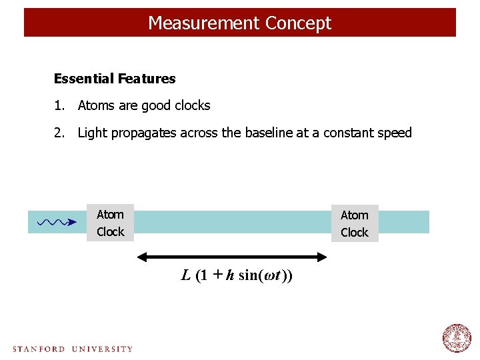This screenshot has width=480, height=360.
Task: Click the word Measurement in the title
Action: [203, 23]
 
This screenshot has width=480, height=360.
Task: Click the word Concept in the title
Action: [297, 23]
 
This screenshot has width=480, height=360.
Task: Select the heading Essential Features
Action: [115, 79]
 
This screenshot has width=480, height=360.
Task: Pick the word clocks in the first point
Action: [192, 105]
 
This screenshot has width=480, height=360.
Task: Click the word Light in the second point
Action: [92, 133]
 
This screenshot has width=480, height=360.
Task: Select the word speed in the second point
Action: [395, 133]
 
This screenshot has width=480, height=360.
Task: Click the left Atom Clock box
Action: [110, 223]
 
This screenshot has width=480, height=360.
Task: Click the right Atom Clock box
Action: [354, 223]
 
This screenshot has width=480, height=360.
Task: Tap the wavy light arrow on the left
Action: [57, 222]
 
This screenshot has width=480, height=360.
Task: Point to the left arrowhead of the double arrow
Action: [141, 257]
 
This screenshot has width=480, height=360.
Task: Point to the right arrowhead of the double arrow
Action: [325, 257]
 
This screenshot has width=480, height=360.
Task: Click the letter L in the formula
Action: [186, 275]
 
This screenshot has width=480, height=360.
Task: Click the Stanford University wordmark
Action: [73, 349]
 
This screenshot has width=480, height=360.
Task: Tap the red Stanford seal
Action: [457, 338]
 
